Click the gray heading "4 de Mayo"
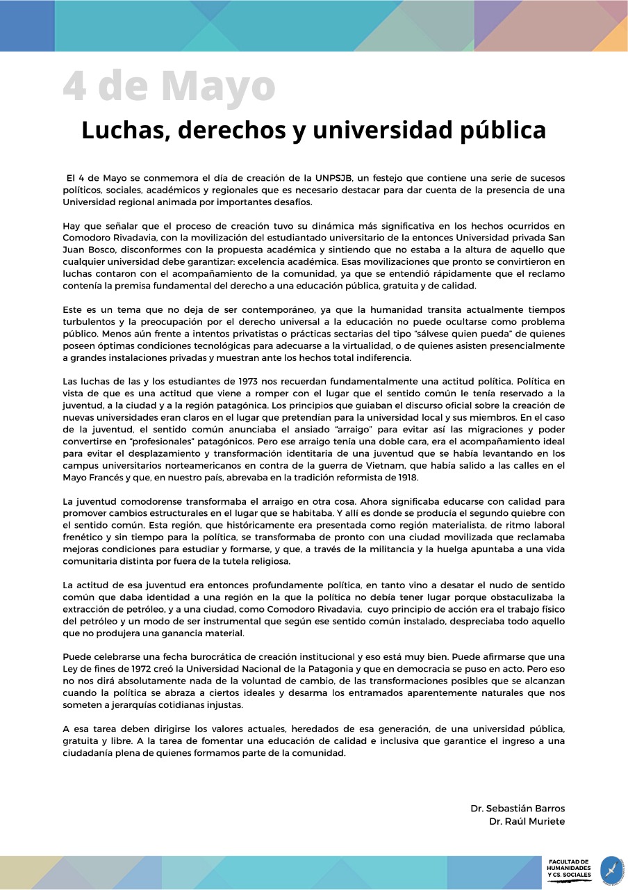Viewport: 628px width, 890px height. [x=169, y=86]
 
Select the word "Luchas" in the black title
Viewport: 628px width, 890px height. [x=119, y=130]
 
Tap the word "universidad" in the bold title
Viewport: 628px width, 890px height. [x=384, y=130]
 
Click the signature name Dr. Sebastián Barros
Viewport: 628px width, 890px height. [x=518, y=809]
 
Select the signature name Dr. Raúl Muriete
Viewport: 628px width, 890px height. [x=527, y=821]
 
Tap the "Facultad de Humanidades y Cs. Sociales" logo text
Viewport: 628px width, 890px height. [x=569, y=869]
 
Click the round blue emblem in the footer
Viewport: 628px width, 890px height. [x=612, y=870]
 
